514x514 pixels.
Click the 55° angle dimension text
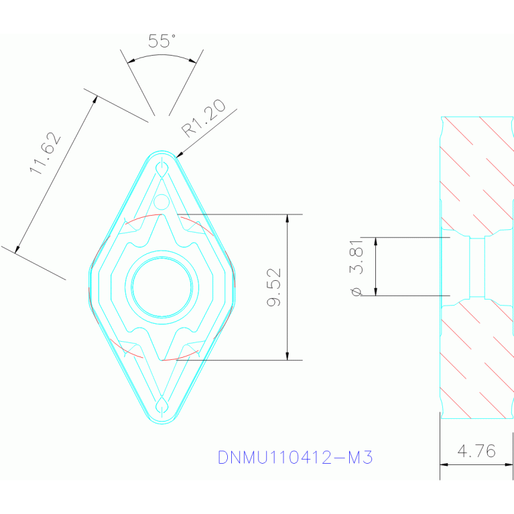coord(162,42)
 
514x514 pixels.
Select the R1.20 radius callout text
coord(204,120)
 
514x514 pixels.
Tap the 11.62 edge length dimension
coord(46,153)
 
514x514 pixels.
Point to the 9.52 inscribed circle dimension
coord(274,287)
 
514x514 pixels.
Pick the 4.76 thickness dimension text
coord(476,451)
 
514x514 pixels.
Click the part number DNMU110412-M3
coord(295,458)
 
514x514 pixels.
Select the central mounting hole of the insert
coord(162,287)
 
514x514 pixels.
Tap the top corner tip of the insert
coord(162,153)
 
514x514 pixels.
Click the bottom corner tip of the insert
coord(162,421)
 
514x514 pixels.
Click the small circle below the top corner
coord(162,201)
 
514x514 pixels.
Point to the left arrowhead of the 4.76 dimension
coord(443,464)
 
